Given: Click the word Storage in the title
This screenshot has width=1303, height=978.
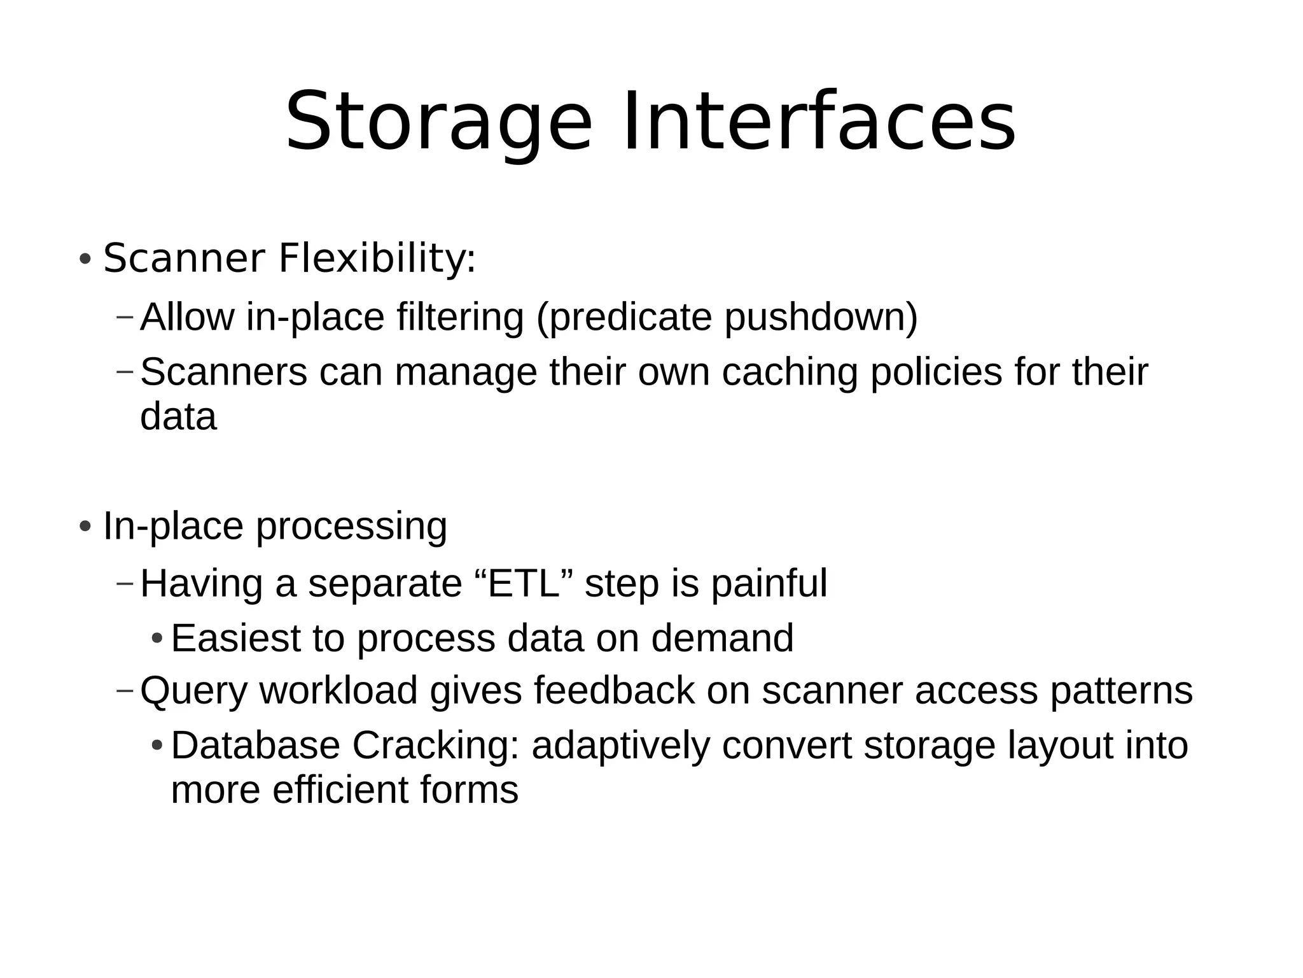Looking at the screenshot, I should click(x=438, y=122).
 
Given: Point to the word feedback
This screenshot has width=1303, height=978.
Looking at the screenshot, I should click(x=614, y=690).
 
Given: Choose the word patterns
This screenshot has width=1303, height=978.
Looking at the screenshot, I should click(x=1121, y=691).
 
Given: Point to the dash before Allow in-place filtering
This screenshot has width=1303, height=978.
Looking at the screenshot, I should click(x=125, y=316).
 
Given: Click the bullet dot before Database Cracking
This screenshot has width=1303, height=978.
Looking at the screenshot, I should click(x=157, y=746).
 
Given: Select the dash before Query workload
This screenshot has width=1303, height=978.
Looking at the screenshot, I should click(x=125, y=690).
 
